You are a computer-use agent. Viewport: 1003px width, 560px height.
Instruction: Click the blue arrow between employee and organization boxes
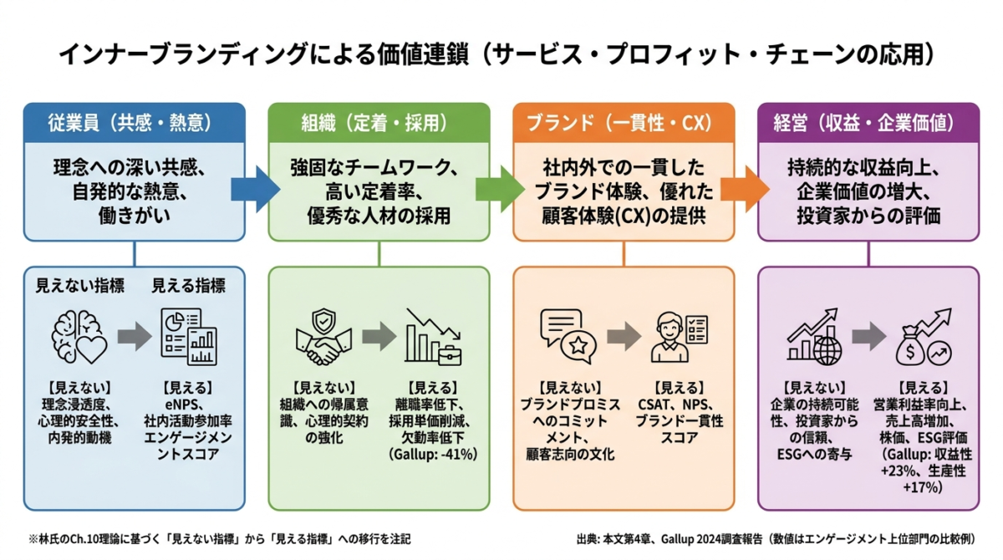256,190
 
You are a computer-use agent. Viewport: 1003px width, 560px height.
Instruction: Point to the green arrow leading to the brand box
500,190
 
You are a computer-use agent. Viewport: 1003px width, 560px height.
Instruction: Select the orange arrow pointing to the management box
745,190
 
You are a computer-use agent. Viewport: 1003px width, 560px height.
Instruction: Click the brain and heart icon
79,337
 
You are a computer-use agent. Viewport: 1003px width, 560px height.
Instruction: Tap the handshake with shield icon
323,338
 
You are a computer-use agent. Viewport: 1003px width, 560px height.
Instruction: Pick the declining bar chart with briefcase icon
433,337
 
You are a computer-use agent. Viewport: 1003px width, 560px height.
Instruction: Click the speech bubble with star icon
568,336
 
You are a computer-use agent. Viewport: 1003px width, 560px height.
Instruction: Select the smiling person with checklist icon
680,337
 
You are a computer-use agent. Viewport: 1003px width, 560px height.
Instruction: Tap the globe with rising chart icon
814,337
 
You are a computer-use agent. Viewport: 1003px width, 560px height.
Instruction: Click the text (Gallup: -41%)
433,455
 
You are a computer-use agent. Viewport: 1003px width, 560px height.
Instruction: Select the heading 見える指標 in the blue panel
189,286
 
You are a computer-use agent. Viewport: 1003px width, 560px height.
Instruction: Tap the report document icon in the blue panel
189,337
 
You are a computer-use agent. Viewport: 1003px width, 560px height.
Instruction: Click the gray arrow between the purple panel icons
869,337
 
